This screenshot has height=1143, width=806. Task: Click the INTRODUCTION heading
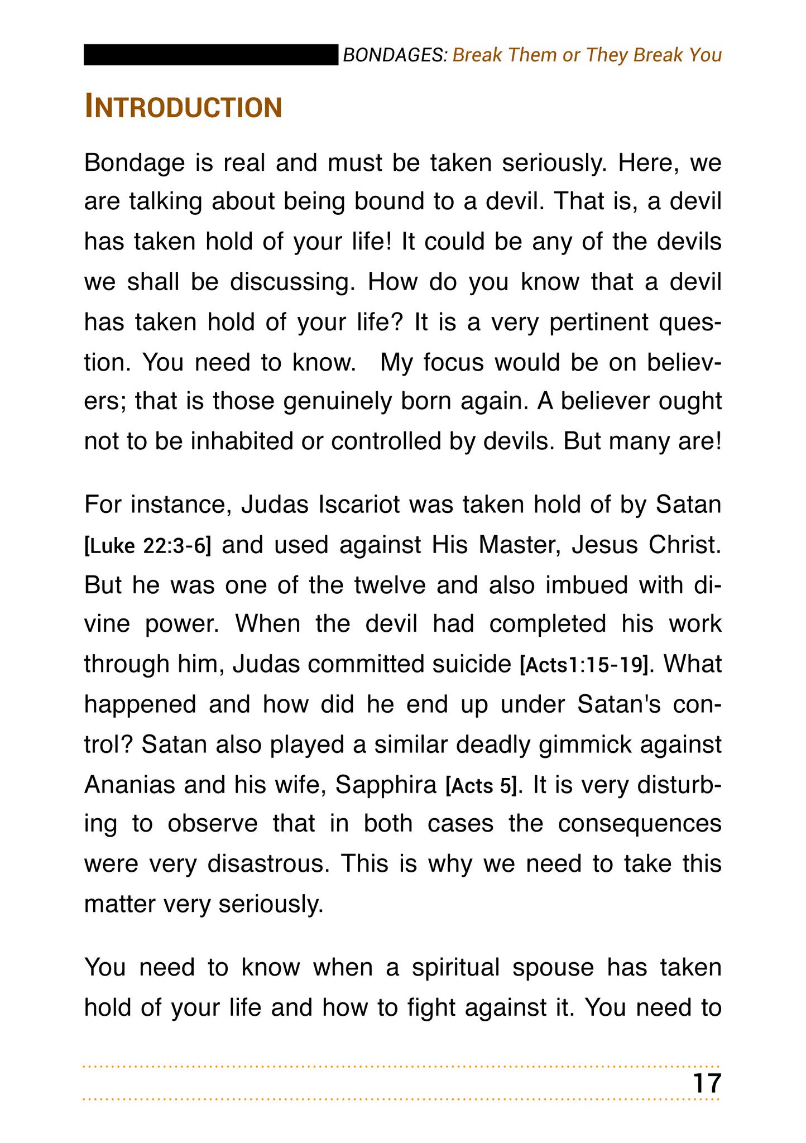(183, 107)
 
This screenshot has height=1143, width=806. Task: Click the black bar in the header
(211, 55)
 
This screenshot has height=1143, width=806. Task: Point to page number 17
(707, 1083)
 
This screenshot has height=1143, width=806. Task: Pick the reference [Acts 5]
(481, 786)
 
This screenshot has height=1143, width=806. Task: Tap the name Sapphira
(386, 786)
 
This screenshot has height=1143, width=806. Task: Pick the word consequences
(640, 824)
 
